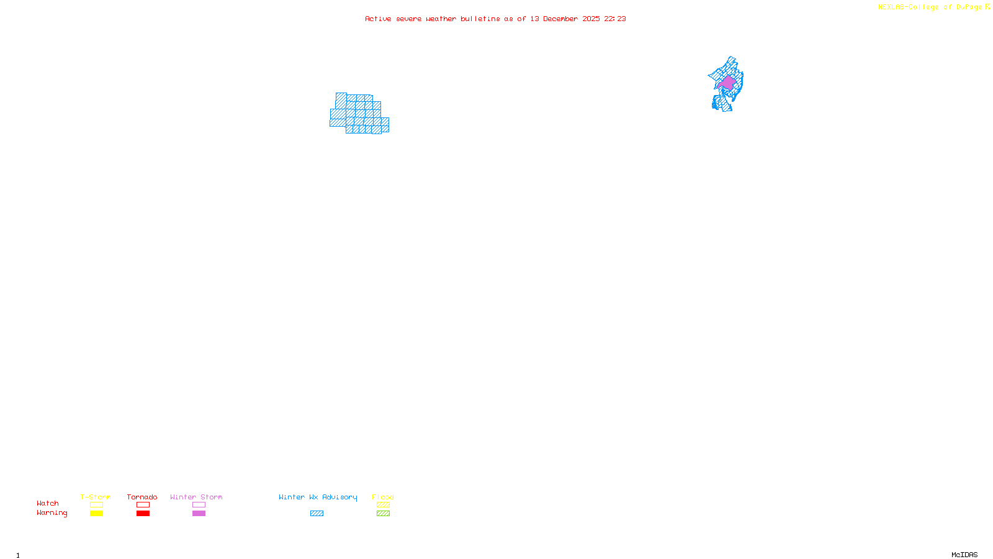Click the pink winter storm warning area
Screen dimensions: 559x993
[x=727, y=83]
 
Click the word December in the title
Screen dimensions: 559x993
[x=560, y=19]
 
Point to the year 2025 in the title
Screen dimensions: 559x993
[x=591, y=19]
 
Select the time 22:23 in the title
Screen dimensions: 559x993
[x=615, y=19]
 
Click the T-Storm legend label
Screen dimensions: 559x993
[x=96, y=497]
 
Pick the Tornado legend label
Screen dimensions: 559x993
[x=142, y=497]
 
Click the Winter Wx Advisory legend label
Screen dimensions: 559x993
[x=318, y=497]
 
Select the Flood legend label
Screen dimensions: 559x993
[x=383, y=497]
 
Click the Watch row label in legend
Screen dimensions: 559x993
[x=48, y=503]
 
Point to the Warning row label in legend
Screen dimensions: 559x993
[x=52, y=513]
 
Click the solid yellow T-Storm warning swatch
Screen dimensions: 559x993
[x=96, y=514]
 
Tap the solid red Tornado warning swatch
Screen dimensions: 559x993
[x=143, y=514]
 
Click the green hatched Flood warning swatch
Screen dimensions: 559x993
[x=384, y=514]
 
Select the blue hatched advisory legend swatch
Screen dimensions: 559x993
[x=317, y=514]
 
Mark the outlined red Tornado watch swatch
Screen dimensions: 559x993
[x=143, y=505]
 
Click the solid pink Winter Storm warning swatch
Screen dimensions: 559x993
[x=199, y=514]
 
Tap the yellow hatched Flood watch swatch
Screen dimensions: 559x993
[x=384, y=505]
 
